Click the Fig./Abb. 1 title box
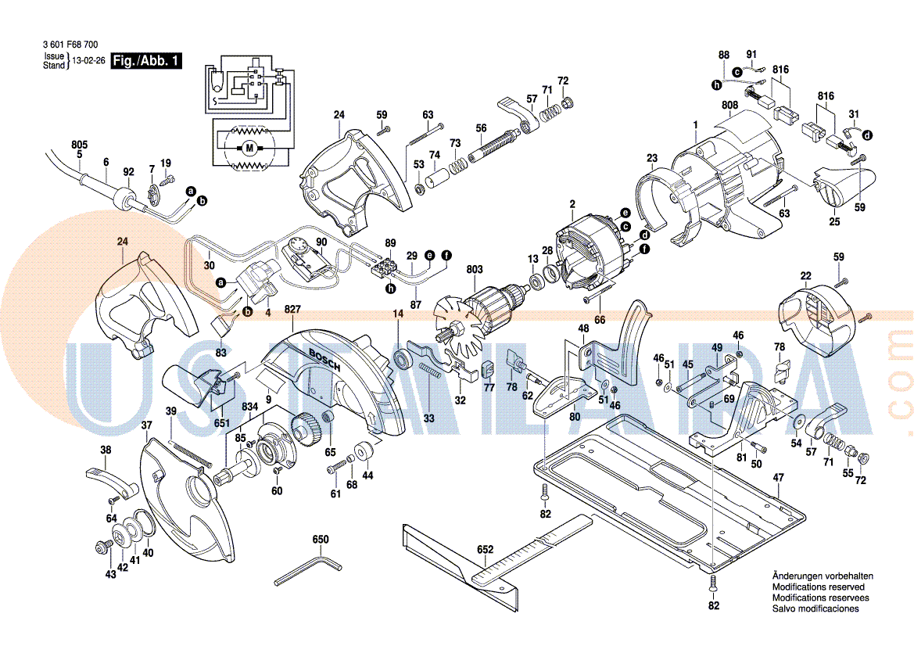[146, 60]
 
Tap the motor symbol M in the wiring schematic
[249, 148]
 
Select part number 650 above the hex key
[321, 540]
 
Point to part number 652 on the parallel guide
[486, 550]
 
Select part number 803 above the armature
[475, 270]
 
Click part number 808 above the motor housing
[729, 105]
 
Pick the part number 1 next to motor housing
[694, 124]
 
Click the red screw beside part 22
[865, 317]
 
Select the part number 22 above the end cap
[805, 275]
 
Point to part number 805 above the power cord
[79, 145]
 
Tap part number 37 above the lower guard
[146, 425]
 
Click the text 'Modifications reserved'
[818, 587]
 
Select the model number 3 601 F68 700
[70, 46]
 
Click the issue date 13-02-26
[88, 62]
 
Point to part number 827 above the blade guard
[292, 310]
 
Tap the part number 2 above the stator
[572, 204]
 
